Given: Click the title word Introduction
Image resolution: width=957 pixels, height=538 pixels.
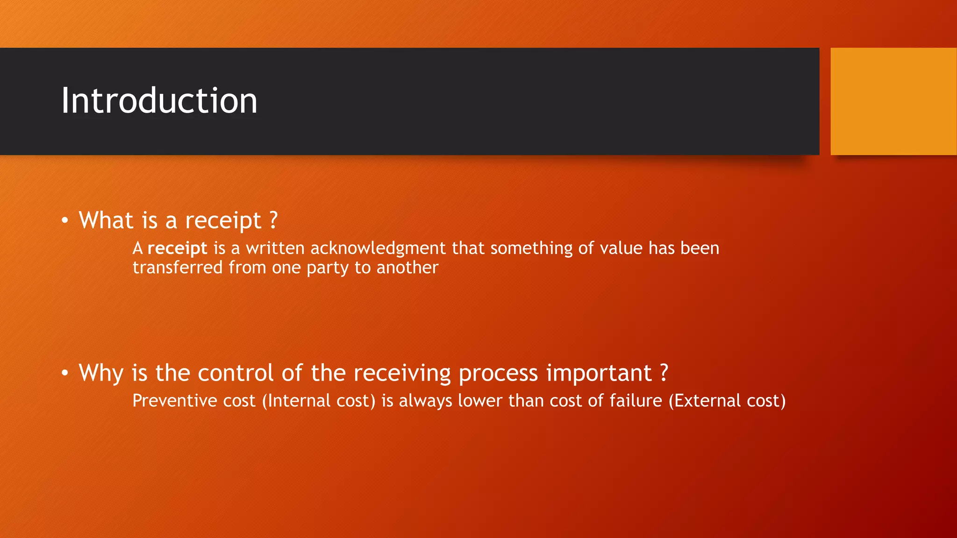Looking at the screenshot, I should click(159, 101).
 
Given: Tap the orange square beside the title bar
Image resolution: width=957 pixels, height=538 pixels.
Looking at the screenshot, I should click(893, 101).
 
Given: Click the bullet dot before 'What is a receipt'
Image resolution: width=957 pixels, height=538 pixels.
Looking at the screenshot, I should click(65, 220).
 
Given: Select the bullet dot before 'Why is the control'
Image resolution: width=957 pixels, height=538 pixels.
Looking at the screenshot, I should click(65, 373).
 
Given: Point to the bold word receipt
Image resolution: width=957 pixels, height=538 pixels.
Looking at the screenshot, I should click(177, 248).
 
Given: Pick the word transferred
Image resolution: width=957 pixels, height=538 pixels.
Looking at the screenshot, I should click(177, 268).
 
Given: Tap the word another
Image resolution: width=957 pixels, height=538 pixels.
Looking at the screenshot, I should click(407, 268).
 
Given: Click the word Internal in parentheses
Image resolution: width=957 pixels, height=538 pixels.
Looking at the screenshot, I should click(296, 401).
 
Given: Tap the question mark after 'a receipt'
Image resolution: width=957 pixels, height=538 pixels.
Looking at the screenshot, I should click(274, 220).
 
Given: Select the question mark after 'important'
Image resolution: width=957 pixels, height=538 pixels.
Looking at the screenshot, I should click(664, 373).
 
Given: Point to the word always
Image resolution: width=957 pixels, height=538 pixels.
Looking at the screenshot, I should click(425, 401).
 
